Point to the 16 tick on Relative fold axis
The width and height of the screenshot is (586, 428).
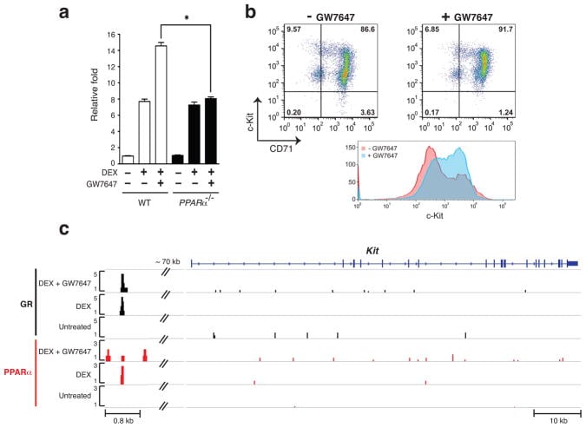pyautogui.click(x=108, y=34)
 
